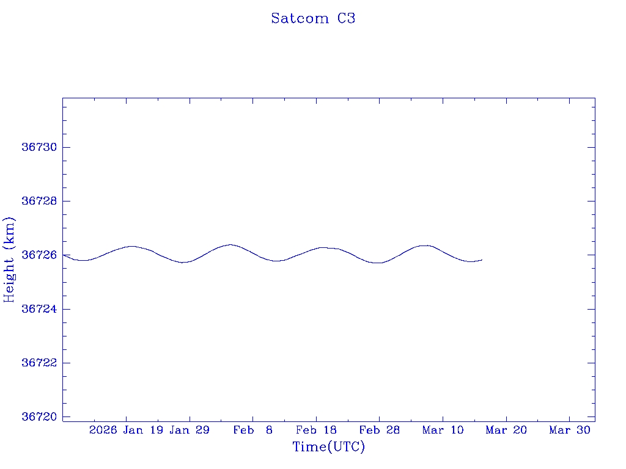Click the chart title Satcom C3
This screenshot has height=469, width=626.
pos(313,18)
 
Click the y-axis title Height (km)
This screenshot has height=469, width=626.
pos(9,260)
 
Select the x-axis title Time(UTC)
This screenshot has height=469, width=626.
pos(328,447)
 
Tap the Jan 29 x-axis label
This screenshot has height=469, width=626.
pos(190,431)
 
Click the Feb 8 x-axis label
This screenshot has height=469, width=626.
pos(252,431)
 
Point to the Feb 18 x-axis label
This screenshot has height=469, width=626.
pos(316,431)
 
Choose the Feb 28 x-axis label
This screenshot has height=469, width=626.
pos(379,431)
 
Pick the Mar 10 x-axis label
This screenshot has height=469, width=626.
pos(443,431)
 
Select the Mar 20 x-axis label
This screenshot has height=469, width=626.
pos(506,431)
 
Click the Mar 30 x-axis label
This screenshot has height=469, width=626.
pos(569,431)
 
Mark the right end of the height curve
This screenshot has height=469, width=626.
pos(482,260)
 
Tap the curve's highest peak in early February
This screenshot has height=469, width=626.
pos(230,244)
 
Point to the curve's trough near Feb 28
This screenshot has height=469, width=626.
pos(378,263)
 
